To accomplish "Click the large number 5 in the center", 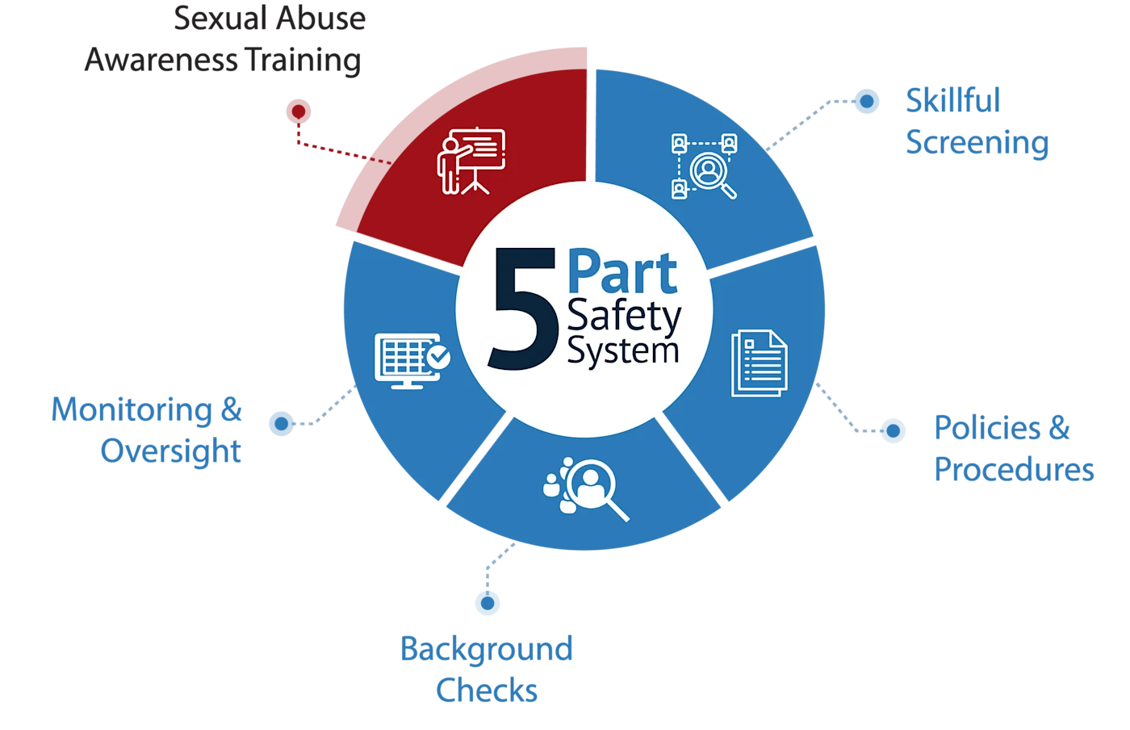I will (524, 310).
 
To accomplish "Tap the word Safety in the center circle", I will (624, 317).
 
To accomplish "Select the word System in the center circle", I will (622, 351).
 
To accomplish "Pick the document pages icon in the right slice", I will (759, 363).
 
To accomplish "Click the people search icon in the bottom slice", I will (586, 488).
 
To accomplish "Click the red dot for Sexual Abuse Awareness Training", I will (298, 111).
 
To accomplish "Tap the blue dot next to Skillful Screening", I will (866, 101).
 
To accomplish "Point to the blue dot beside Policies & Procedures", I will (892, 430).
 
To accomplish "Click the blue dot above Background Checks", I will (487, 602).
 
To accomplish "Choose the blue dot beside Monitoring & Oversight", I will (280, 423).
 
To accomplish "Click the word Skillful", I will (952, 101).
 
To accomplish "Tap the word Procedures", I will (1015, 469).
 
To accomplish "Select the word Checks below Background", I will (487, 690).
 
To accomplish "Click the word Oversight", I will (171, 451).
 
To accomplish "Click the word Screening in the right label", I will (977, 143).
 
